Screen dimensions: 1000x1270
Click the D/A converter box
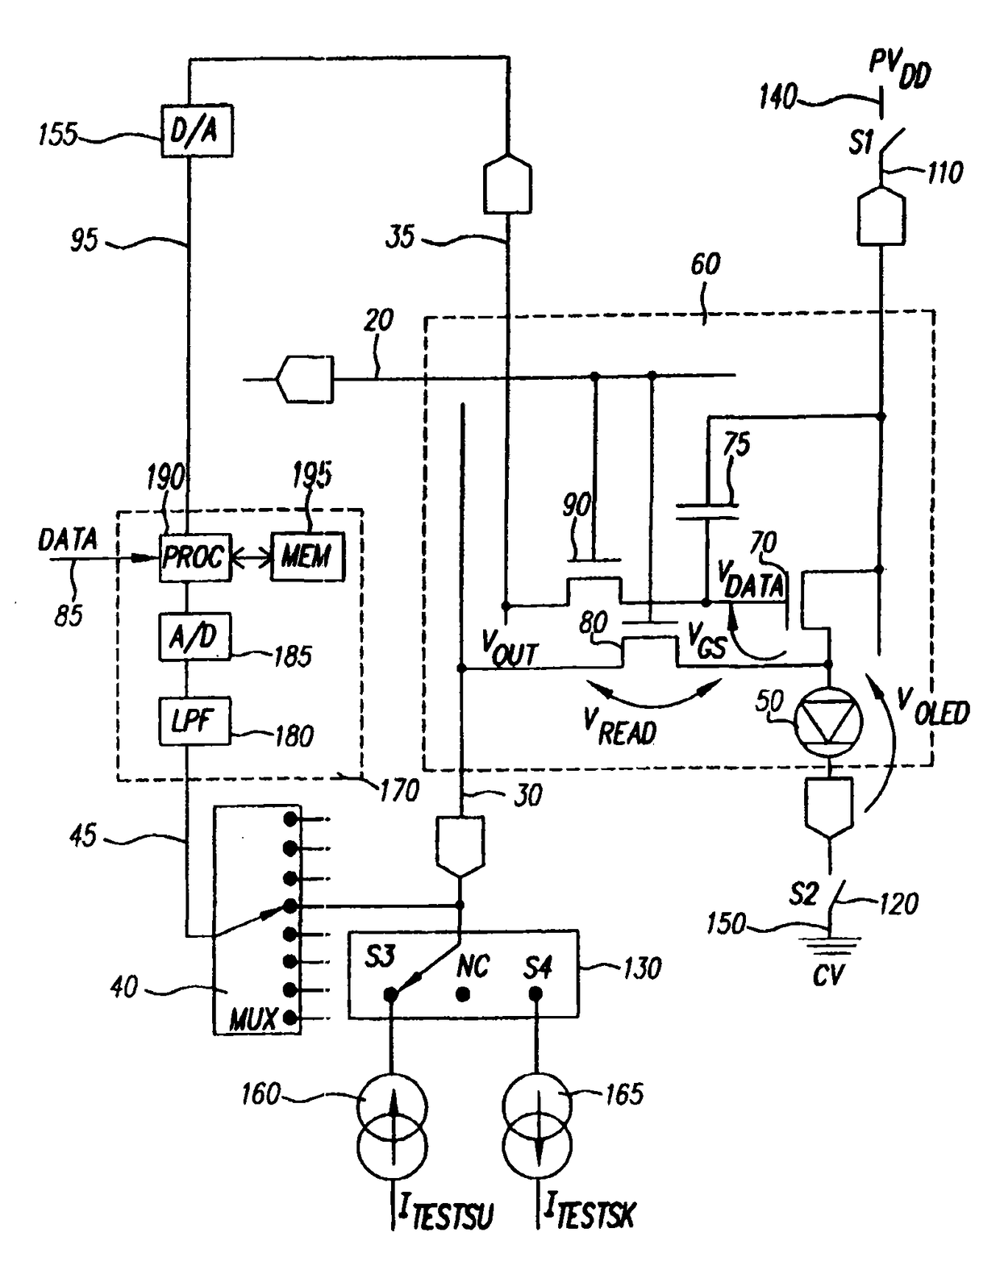tap(197, 131)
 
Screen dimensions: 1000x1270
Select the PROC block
tap(195, 558)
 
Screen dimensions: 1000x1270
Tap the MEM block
tap(307, 557)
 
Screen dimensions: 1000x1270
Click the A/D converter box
tap(194, 637)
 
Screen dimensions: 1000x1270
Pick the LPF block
tap(194, 721)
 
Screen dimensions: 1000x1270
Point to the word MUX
tap(252, 1018)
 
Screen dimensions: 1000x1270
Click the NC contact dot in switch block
tap(464, 995)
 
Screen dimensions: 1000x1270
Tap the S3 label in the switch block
tap(378, 957)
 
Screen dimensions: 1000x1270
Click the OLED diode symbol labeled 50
tap(828, 722)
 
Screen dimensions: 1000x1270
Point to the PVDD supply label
tap(898, 71)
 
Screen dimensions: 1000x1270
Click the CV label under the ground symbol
tap(828, 976)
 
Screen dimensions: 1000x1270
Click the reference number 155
tap(58, 135)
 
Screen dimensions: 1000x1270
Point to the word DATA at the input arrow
tap(68, 540)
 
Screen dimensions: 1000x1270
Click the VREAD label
tap(619, 727)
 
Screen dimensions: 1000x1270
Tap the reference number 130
tap(642, 968)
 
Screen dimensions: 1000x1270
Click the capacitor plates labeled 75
tap(706, 512)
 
